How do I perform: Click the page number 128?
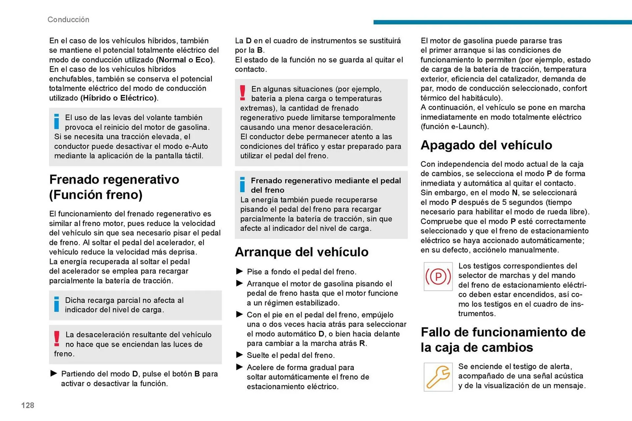tap(28, 405)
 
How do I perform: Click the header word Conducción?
tap(68, 20)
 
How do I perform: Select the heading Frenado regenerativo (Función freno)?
tap(114, 187)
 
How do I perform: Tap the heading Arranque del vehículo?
tap(302, 252)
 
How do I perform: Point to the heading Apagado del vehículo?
tap(486, 145)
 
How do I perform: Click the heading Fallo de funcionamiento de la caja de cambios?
tap(503, 340)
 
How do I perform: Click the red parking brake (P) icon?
tap(438, 277)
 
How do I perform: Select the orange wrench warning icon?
tap(438, 377)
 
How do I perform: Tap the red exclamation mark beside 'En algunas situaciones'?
tap(243, 93)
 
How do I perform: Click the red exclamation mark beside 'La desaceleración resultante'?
tap(57, 339)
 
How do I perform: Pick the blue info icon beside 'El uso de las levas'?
tap(57, 122)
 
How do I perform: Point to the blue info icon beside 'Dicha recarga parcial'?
tap(57, 304)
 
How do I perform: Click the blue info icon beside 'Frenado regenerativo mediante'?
tap(243, 185)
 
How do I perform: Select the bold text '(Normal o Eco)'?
tap(185, 60)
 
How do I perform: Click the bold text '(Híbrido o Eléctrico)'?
tap(118, 98)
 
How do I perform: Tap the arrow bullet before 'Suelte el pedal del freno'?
tap(239, 355)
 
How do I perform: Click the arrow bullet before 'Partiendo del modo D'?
tap(54, 373)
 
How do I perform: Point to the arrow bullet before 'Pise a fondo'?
tap(239, 271)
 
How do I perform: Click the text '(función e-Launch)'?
tap(455, 127)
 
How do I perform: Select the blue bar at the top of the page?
tap(502, 22)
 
